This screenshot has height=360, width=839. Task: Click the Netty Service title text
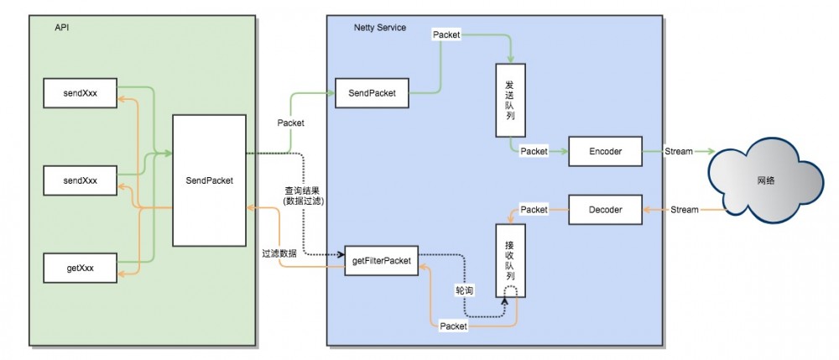click(x=379, y=28)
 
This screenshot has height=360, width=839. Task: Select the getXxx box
click(x=80, y=267)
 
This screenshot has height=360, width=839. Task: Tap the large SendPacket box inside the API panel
click(x=209, y=180)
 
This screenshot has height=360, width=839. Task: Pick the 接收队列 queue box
click(x=510, y=251)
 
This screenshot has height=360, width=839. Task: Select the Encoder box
click(x=605, y=151)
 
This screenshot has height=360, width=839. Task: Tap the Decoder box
click(x=605, y=210)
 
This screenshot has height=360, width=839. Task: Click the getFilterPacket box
click(x=381, y=261)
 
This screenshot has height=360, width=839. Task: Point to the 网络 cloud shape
click(x=763, y=180)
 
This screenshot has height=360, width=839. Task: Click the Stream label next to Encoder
click(x=679, y=151)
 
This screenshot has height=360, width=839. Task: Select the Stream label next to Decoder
click(x=684, y=210)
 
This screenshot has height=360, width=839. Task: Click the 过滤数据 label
click(x=280, y=253)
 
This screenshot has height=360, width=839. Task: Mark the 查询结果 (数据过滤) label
click(x=302, y=196)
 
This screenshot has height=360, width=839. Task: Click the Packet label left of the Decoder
click(x=534, y=209)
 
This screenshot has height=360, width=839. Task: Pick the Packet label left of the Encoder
click(x=534, y=151)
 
